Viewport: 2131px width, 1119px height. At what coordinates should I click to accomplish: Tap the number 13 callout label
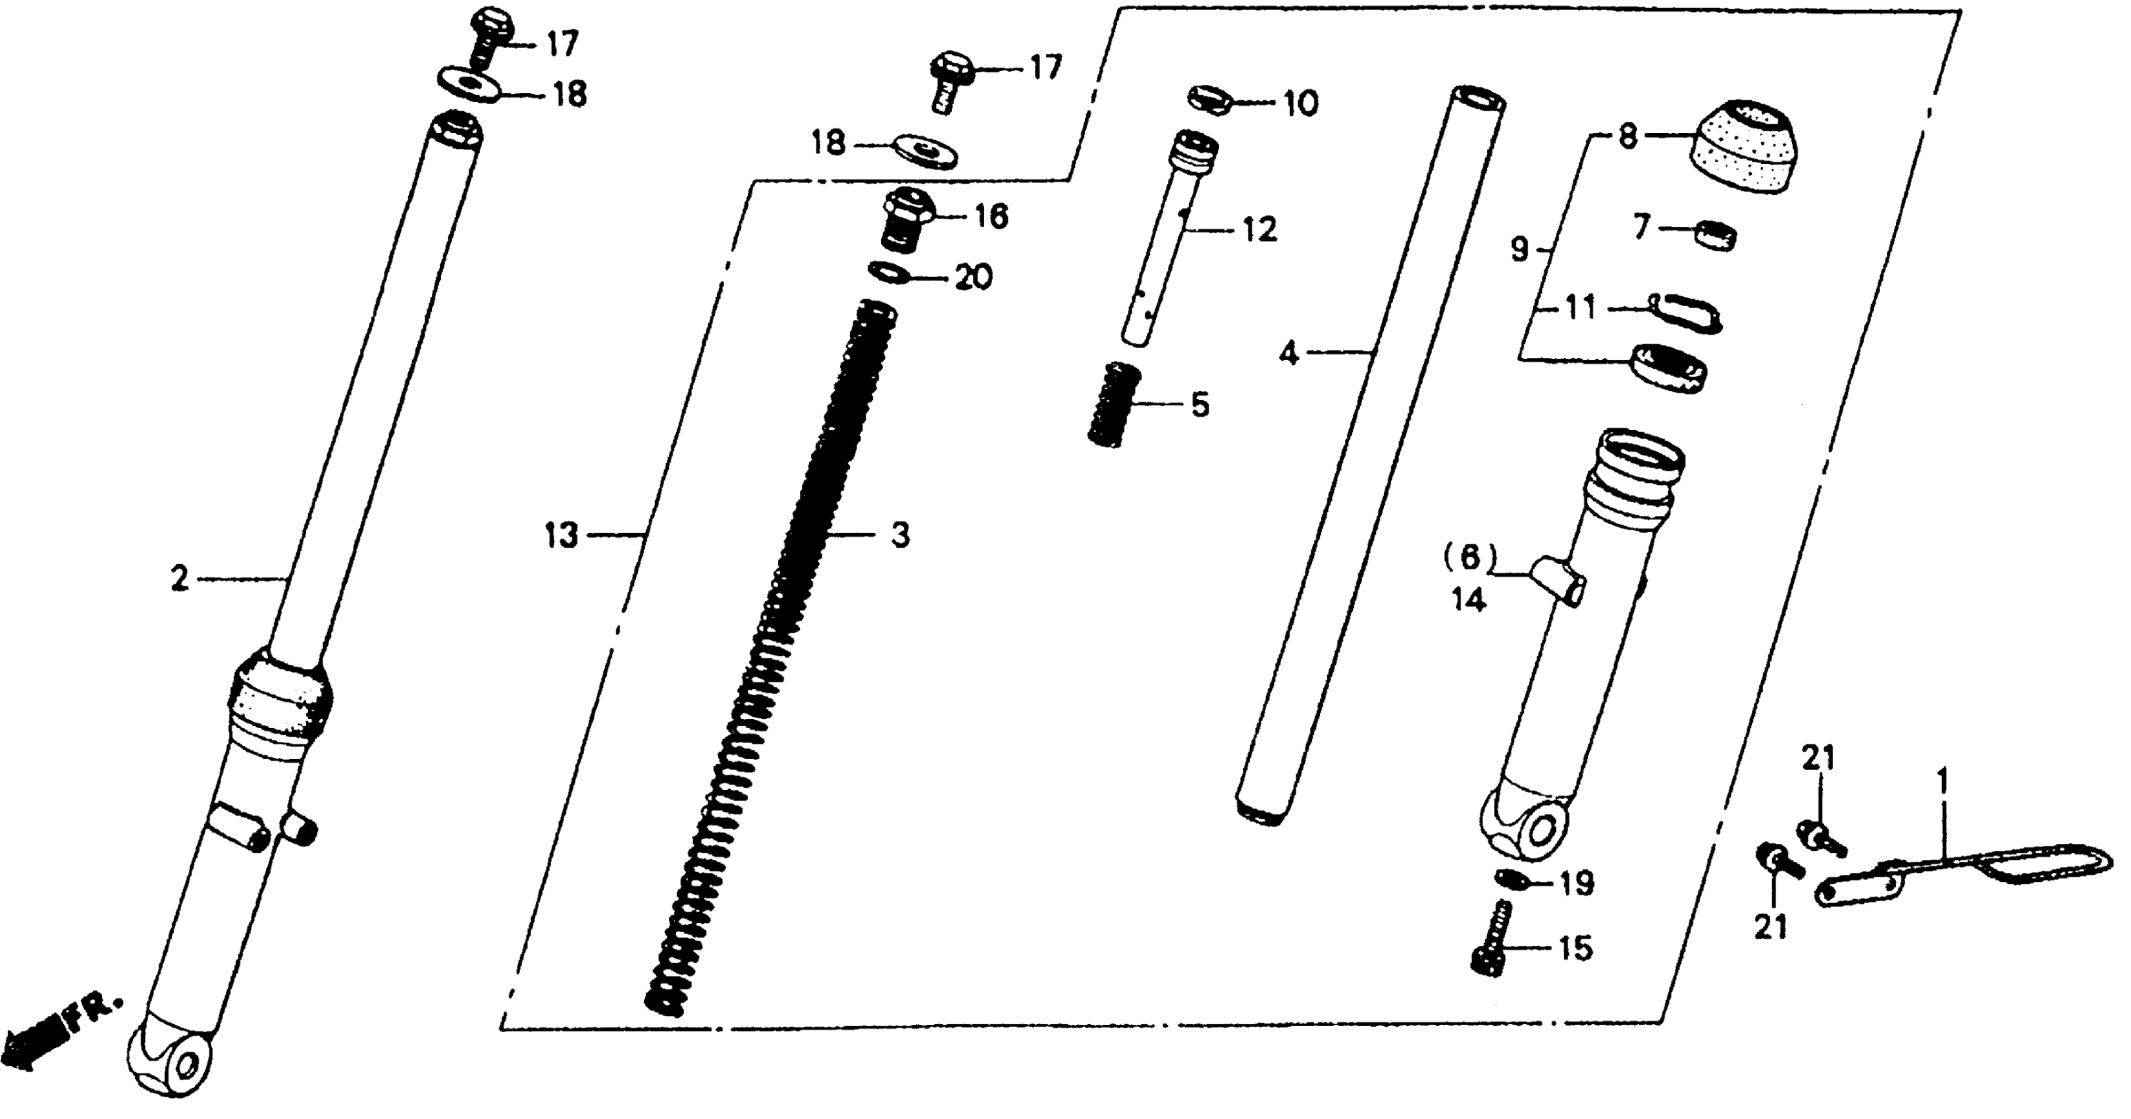561,536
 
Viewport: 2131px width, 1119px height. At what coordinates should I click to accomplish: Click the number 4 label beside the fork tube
1289,355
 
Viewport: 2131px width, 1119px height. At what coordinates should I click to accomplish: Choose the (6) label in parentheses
1470,558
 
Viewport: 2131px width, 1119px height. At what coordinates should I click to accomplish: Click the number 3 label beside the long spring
900,535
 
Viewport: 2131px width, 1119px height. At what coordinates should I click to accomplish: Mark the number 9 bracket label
1519,249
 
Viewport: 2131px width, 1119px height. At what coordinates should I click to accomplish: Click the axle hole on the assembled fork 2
184,1067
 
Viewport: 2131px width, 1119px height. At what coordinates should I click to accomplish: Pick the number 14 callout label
1468,600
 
